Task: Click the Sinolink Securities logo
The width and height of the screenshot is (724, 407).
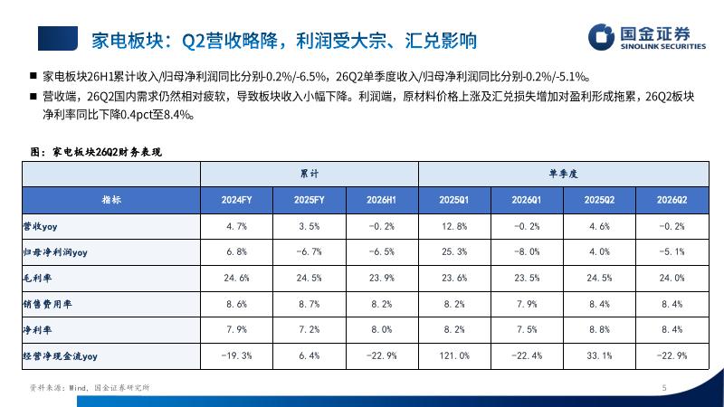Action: (647, 37)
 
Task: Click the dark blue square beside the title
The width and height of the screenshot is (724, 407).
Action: (58, 38)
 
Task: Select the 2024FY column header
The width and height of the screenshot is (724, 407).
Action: (236, 200)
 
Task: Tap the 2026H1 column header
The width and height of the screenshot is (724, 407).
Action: (381, 200)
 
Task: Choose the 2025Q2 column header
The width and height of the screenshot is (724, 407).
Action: (599, 200)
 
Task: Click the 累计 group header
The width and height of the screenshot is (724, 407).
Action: (310, 174)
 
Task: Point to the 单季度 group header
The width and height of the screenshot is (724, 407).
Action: (563, 174)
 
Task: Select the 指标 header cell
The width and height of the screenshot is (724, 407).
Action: (111, 200)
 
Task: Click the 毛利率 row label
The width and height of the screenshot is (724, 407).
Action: (37, 278)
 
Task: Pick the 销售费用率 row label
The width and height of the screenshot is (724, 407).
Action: (47, 304)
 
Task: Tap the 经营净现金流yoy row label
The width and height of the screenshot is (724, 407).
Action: (60, 356)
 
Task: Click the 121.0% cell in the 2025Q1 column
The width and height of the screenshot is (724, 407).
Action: (454, 355)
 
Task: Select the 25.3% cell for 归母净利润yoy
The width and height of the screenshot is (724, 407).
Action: (454, 252)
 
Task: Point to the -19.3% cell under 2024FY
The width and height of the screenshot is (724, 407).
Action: (236, 355)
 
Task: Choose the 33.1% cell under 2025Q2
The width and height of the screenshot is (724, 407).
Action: (599, 355)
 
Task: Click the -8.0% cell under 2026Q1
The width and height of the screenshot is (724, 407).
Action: (527, 252)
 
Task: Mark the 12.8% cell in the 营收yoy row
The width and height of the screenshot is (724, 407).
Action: (454, 226)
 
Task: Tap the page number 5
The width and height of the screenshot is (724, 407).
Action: (664, 388)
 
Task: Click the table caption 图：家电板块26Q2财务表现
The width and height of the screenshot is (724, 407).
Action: (96, 152)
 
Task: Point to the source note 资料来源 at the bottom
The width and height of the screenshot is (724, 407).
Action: (90, 388)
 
